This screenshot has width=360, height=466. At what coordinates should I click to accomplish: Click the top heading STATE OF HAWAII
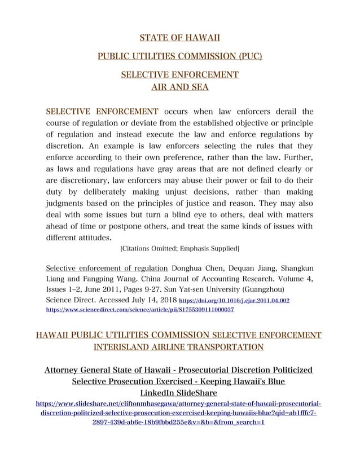(x=179, y=38)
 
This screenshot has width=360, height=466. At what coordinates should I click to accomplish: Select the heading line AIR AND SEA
(x=179, y=87)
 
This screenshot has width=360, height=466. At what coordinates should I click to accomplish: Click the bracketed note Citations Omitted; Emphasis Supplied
(x=179, y=249)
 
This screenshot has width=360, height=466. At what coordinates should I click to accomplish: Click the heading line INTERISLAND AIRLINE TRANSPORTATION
(x=179, y=346)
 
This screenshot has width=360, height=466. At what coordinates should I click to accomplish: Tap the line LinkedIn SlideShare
(x=179, y=393)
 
